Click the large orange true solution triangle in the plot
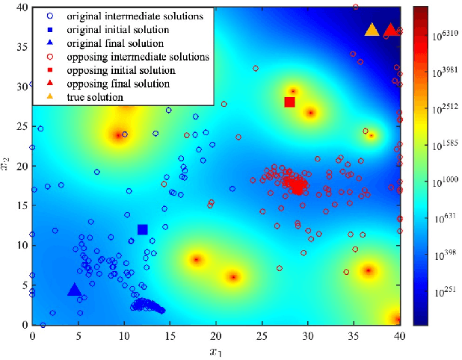372,30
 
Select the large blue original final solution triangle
74,290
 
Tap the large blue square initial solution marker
143,229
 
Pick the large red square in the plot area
290,102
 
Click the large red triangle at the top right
389,30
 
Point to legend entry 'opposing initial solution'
123,70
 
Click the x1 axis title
215,350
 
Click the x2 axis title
8,168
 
